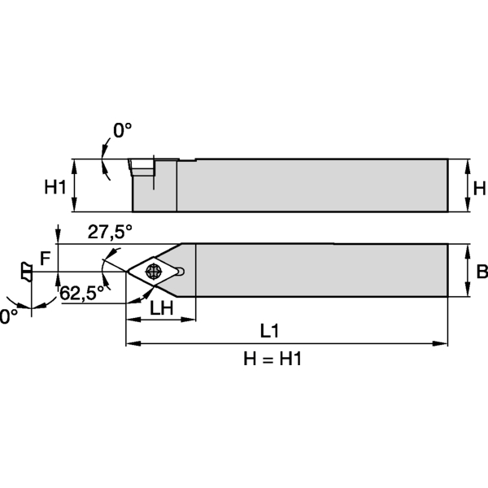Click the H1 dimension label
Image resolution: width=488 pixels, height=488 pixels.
[54, 188]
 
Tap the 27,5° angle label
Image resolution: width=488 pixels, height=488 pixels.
[110, 232]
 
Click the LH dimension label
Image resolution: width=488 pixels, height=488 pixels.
[160, 309]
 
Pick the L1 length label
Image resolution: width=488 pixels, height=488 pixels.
[270, 331]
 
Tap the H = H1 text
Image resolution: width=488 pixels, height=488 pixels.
[272, 359]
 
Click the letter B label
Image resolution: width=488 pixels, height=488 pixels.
[481, 272]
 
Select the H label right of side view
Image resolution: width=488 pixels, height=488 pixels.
[479, 189]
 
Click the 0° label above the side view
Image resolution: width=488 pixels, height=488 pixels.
[122, 130]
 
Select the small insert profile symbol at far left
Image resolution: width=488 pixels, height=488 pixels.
[26, 271]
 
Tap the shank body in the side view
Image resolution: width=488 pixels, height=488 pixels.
[309, 185]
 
